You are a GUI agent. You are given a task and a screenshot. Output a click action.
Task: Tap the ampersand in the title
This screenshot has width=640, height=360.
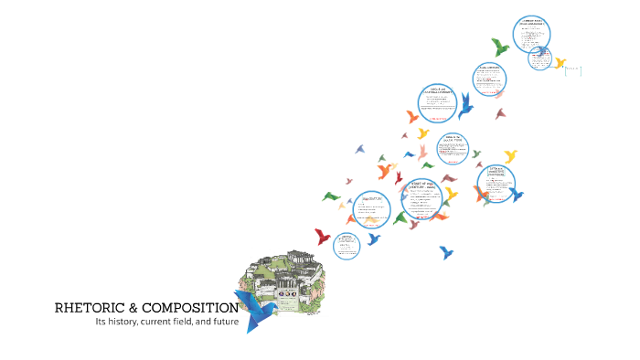tap(133, 308)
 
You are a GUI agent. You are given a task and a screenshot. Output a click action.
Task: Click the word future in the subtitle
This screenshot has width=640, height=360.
tap(223, 322)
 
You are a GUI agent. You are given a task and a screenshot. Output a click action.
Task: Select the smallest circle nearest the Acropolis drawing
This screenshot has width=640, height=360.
tap(347, 244)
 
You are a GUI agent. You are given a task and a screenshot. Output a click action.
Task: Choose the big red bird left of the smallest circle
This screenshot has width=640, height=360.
tap(322, 237)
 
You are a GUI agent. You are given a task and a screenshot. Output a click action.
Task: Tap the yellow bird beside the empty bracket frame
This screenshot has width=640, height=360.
tap(560, 63)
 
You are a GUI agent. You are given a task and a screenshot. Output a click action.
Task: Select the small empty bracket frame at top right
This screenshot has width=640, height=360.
tap(573, 69)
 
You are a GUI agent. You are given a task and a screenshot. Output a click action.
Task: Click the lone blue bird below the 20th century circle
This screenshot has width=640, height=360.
tap(446, 252)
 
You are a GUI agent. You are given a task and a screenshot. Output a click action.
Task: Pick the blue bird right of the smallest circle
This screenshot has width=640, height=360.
tap(373, 239)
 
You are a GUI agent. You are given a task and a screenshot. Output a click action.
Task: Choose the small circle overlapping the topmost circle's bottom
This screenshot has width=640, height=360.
tap(539, 58)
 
